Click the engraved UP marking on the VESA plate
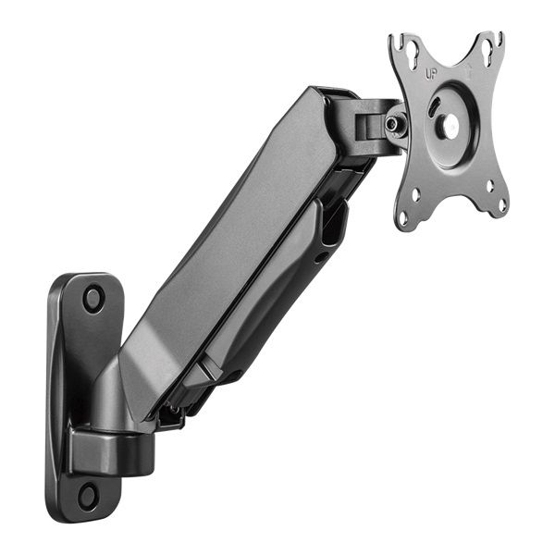click(430, 73)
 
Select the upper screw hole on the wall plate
click(93, 298)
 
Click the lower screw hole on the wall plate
click(88, 494)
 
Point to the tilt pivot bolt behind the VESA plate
click(395, 123)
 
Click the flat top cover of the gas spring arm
click(231, 231)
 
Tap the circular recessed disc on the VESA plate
click(450, 125)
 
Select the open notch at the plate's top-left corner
click(396, 42)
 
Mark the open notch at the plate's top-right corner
click(499, 40)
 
